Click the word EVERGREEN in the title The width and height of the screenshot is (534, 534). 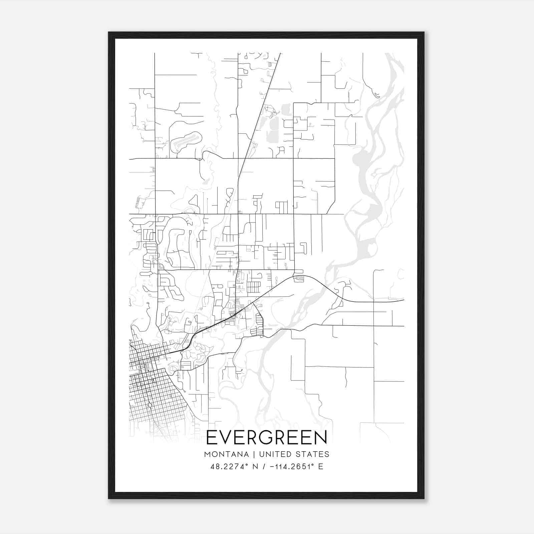(267, 438)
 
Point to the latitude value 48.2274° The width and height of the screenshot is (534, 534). (229, 467)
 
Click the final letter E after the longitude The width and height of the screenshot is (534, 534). (321, 467)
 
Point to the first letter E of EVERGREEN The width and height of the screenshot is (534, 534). (212, 438)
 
